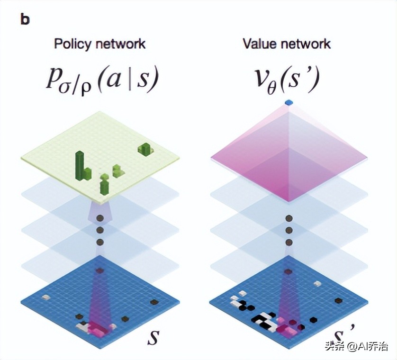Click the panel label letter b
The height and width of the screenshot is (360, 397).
tap(25, 20)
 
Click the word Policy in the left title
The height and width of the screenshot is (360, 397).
tap(70, 44)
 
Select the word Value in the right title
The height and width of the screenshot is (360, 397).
tap(259, 44)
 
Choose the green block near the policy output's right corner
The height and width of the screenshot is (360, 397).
tap(145, 149)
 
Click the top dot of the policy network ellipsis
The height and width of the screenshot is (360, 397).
tap(100, 218)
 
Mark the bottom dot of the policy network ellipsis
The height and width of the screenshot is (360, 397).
tap(100, 242)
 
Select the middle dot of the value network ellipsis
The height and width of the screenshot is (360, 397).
tap(288, 230)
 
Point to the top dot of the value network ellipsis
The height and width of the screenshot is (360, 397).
tap(288, 218)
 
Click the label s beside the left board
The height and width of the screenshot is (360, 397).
tap(153, 337)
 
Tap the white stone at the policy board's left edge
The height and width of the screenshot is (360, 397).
tap(46, 297)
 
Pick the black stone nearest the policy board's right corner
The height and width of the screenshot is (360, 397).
tap(153, 302)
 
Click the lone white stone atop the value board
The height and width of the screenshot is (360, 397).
tap(317, 283)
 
